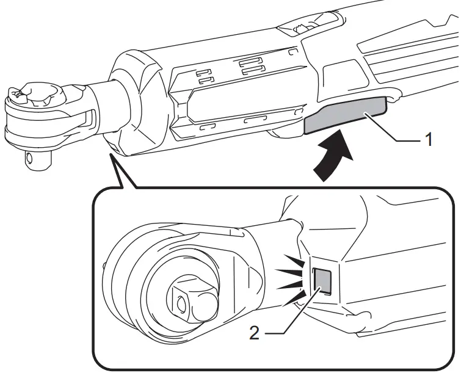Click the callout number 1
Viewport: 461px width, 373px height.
[430, 140]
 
